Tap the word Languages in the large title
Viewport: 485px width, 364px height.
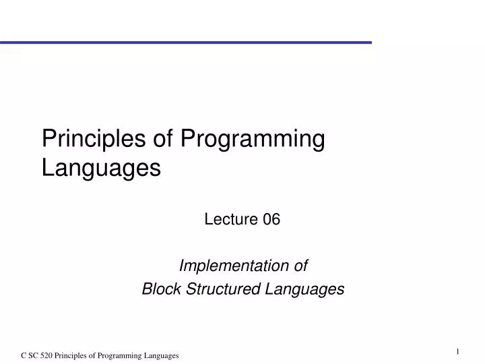101,167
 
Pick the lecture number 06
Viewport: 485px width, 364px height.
271,219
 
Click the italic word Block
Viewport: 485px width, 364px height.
157,289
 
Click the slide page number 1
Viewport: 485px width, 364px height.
457,351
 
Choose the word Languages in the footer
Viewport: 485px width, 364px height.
160,356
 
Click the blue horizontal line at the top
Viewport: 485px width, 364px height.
185,42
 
